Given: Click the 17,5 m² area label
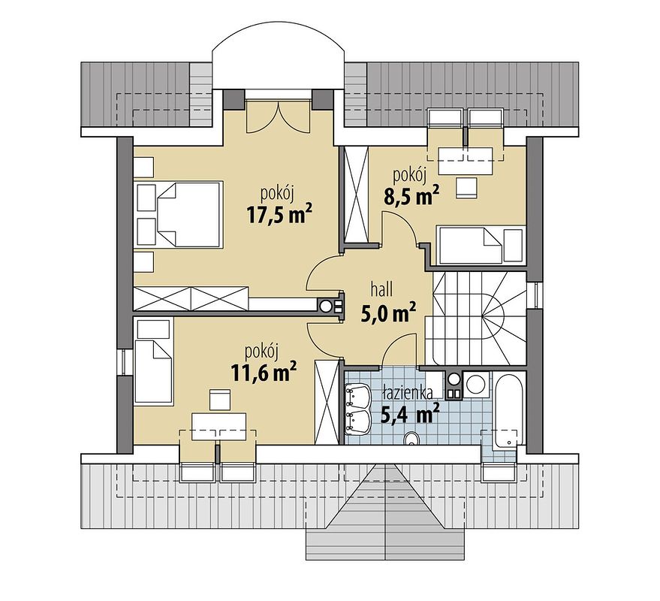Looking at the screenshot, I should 279,215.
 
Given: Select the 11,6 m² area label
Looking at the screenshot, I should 261,372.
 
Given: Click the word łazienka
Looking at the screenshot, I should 405,391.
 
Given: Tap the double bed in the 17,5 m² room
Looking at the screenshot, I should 179,214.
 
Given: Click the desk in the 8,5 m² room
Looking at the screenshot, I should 466,157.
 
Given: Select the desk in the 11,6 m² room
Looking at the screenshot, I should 218,426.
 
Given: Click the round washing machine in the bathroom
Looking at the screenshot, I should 475,385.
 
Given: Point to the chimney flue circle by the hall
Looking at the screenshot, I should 326,306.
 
